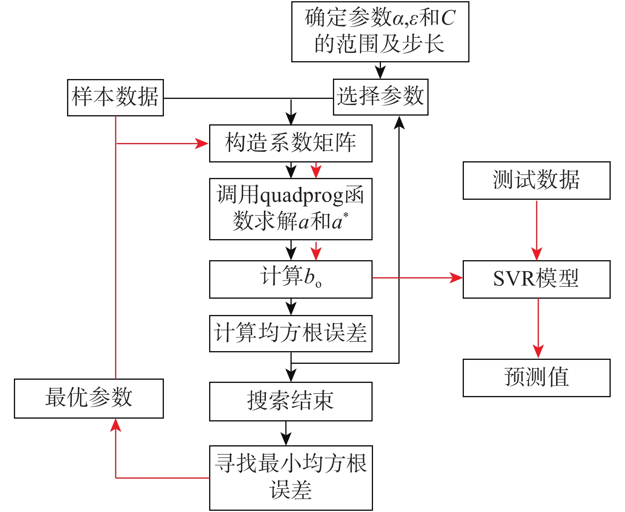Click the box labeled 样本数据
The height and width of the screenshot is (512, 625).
[115, 98]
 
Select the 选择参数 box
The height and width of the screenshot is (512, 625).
[380, 97]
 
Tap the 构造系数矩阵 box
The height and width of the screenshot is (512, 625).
[290, 143]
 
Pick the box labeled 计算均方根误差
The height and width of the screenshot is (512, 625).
[290, 333]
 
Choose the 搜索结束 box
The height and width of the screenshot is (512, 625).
[290, 401]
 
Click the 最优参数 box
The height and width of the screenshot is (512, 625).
[88, 398]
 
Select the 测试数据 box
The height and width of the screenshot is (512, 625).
[536, 180]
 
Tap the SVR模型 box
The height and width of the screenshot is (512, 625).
[536, 279]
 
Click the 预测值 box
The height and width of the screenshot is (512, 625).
[536, 377]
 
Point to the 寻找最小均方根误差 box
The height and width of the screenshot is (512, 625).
[290, 477]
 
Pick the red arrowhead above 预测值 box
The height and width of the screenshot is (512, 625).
[538, 352]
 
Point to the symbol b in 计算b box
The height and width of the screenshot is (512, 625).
[309, 276]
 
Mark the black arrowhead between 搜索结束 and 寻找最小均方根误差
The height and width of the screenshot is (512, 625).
[286, 439]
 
